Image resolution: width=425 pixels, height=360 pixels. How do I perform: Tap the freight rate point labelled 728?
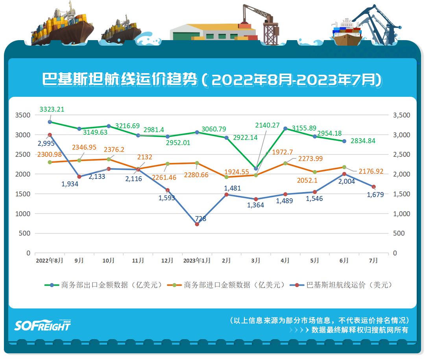pyautogui.click(x=197, y=224)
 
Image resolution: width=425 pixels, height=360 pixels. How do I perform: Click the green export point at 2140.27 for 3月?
pyautogui.click(x=256, y=168)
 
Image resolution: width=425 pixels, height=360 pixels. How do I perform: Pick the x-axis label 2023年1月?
pyautogui.click(x=197, y=260)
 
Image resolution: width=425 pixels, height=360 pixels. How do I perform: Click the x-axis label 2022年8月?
pyautogui.click(x=49, y=260)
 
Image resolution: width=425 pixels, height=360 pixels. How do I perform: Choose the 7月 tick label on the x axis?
pyautogui.click(x=373, y=260)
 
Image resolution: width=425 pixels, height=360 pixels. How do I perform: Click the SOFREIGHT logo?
pyautogui.click(x=42, y=325)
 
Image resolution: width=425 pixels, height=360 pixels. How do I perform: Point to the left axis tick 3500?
pyautogui.click(x=23, y=115)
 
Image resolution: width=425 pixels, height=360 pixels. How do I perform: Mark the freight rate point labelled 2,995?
pyautogui.click(x=50, y=135)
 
